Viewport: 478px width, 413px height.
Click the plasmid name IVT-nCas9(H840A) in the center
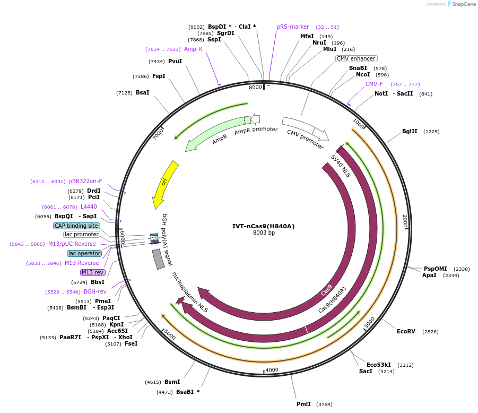(x=263, y=226)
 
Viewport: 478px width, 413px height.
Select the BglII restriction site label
(x=410, y=132)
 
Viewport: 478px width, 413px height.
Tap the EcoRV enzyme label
(x=406, y=331)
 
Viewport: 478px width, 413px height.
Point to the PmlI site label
(x=303, y=405)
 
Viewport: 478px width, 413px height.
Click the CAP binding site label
(x=76, y=226)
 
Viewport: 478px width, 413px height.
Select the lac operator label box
(x=84, y=253)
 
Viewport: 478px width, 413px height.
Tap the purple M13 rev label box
(x=92, y=272)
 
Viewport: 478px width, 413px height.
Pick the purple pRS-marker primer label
(x=293, y=27)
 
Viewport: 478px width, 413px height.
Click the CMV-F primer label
(x=374, y=84)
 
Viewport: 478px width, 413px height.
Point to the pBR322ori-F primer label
(x=85, y=181)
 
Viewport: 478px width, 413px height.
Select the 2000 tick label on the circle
(x=405, y=221)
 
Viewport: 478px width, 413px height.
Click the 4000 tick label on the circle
(x=272, y=370)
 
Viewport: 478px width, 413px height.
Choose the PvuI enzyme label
(x=175, y=62)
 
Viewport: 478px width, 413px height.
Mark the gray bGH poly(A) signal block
(x=158, y=259)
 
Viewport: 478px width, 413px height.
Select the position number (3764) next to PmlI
(x=324, y=405)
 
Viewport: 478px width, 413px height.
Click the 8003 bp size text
(x=264, y=233)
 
